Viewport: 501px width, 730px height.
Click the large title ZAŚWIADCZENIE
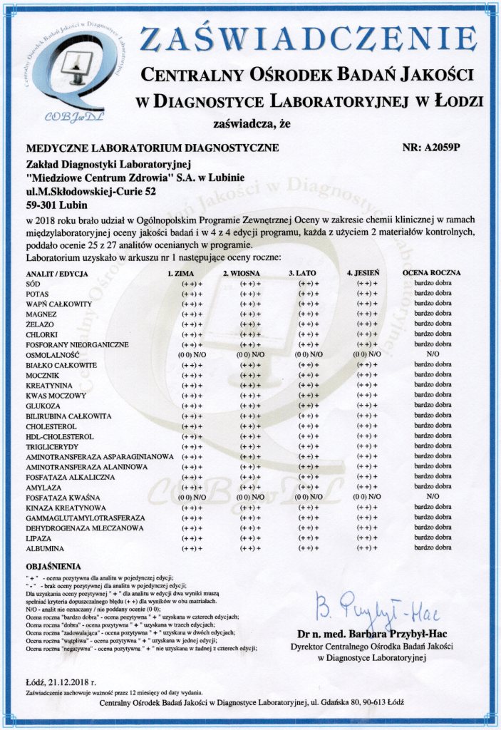tap(308, 40)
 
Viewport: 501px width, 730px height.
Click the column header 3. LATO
tap(302, 273)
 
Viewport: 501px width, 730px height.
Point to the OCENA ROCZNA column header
tap(432, 273)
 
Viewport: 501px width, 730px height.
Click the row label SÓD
tap(33, 284)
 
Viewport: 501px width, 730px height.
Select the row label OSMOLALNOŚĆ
tap(52, 354)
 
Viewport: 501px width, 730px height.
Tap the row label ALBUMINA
tap(45, 548)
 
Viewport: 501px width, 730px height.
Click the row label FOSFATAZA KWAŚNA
tap(63, 496)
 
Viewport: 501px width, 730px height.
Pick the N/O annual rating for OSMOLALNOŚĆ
tap(433, 354)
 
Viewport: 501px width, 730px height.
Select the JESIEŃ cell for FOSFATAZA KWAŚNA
tap(364, 496)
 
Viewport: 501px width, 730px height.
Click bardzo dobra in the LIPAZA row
tap(433, 538)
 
